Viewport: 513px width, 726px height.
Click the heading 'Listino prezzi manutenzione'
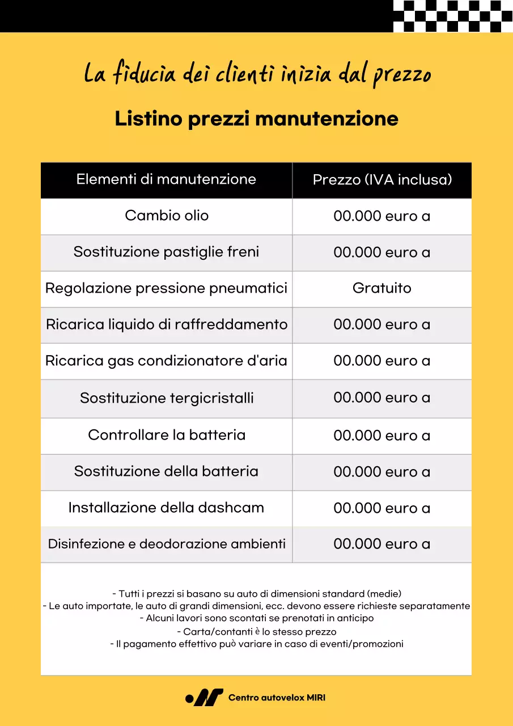(256, 119)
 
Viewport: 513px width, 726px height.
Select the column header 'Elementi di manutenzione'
(166, 180)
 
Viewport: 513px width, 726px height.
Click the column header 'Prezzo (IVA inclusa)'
(382, 180)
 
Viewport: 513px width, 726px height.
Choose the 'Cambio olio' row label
(167, 216)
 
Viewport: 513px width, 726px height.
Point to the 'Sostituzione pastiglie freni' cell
(166, 252)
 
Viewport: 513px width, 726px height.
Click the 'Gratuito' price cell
(382, 288)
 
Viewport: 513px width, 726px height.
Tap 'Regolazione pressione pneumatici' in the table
(166, 288)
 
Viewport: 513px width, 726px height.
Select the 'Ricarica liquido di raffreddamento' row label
(167, 324)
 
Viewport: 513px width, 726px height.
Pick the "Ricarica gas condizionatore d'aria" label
(166, 361)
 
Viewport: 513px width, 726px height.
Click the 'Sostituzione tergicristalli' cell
(167, 398)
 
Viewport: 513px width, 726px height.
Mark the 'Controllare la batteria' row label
(167, 435)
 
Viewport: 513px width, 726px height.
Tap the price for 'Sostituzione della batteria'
(382, 472)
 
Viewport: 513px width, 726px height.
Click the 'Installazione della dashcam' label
(166, 508)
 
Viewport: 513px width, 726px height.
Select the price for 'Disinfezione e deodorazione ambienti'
(382, 544)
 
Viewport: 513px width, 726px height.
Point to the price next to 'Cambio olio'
(382, 216)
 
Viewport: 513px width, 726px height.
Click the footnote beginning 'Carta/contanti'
(257, 631)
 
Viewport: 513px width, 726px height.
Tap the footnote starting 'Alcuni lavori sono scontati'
(257, 618)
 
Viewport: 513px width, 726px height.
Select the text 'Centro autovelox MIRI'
(277, 698)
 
